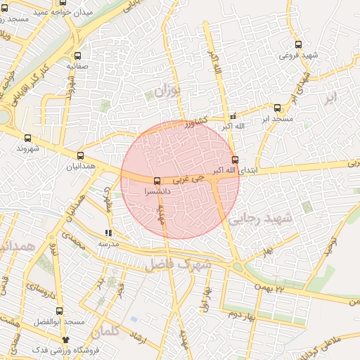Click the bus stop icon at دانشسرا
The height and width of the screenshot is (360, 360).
156,180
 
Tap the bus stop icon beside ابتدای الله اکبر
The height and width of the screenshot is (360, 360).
235,160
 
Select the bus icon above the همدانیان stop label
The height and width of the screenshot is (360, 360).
80,156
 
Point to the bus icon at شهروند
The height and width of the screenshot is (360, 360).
27,139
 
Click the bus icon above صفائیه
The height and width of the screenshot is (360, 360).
77,56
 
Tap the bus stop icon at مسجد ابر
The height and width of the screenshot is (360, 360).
277,108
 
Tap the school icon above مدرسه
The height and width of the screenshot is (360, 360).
108,233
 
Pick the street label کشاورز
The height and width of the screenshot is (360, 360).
198,124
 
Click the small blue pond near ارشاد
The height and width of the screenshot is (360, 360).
134,319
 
